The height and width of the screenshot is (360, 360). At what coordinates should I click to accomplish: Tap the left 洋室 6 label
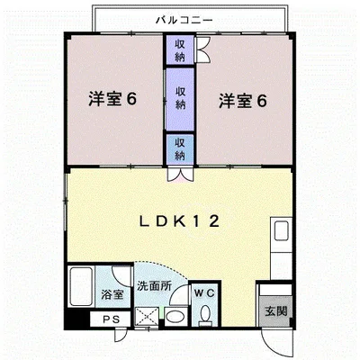[x=112, y=100]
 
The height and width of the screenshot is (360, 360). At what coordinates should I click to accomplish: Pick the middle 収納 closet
[x=180, y=98]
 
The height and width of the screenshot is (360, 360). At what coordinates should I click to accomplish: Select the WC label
[x=202, y=292]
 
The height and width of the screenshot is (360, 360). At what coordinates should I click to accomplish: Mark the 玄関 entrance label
[x=275, y=311]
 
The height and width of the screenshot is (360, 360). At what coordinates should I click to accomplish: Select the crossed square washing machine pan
[x=146, y=317]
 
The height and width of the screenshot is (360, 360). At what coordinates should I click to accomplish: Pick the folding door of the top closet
[x=202, y=50]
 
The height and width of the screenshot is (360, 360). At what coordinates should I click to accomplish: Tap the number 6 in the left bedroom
[x=131, y=100]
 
